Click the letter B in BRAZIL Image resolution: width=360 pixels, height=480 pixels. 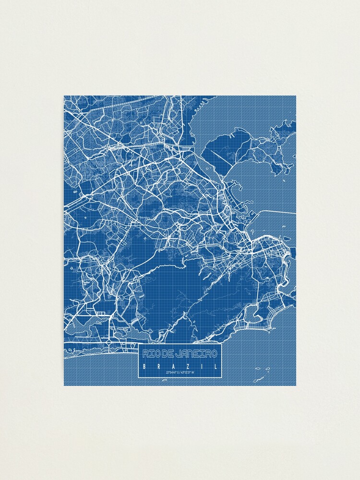pos(144,366)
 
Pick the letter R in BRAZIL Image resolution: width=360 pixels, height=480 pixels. pos(158,366)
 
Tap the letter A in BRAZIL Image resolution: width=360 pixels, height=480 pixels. pos(173,366)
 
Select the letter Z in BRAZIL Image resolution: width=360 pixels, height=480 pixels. pos(188,366)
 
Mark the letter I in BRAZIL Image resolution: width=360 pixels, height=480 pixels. pos(202,366)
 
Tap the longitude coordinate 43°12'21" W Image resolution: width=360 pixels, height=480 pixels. pos(188,373)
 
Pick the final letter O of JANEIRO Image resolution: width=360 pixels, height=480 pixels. pos(214,354)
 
